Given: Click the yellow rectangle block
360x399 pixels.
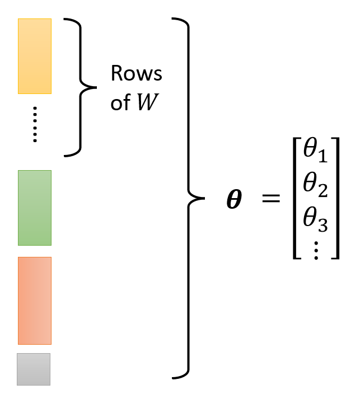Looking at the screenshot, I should (35, 56).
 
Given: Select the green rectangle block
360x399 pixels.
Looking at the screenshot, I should (35, 208).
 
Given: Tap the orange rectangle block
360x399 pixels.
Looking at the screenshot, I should (35, 301).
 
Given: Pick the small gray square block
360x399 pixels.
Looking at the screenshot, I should (34, 369).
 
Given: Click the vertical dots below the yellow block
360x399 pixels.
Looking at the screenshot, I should (35, 124).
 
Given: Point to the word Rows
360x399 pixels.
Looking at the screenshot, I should (136, 74).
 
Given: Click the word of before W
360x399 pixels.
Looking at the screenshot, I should (120, 104).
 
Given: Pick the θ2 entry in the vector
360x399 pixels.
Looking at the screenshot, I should (314, 185).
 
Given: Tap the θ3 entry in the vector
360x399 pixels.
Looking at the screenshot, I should (314, 219).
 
